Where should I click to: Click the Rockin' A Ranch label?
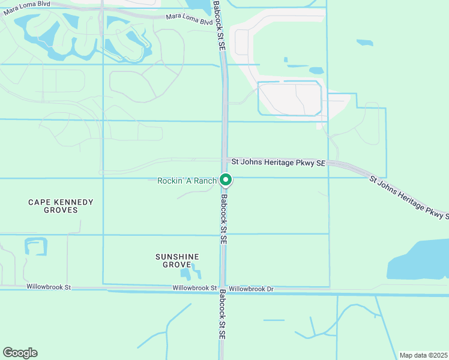tap(187, 181)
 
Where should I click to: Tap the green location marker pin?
tap(226, 179)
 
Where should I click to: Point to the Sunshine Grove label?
tap(173, 260)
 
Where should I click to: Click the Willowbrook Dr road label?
tap(251, 289)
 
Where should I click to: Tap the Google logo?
tap(20, 353)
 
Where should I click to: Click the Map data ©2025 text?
tap(423, 355)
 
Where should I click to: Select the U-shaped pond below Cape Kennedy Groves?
tap(35, 247)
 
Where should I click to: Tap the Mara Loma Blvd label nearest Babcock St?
tap(189, 19)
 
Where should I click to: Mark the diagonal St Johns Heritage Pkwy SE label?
tap(408, 196)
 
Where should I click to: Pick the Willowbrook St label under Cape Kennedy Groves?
tap(49, 287)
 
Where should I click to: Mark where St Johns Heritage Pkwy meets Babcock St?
tap(224, 161)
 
